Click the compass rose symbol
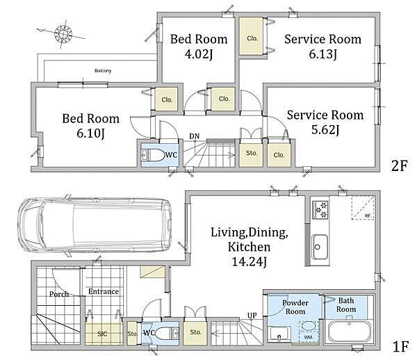(x=63, y=33)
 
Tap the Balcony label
(x=103, y=71)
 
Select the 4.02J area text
(x=198, y=54)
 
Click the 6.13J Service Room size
(x=323, y=54)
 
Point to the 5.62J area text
(x=325, y=130)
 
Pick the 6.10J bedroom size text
(x=90, y=133)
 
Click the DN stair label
(x=195, y=136)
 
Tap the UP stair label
(x=252, y=316)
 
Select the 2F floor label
(x=399, y=166)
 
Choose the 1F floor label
(x=400, y=347)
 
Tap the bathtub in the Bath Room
(x=350, y=333)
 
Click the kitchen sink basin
(x=320, y=247)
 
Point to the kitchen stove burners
(x=320, y=210)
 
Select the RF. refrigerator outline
(x=363, y=208)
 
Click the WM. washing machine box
(x=309, y=332)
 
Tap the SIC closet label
(x=102, y=334)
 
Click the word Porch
(x=59, y=294)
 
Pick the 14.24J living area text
(x=250, y=262)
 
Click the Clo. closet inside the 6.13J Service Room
(x=252, y=36)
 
